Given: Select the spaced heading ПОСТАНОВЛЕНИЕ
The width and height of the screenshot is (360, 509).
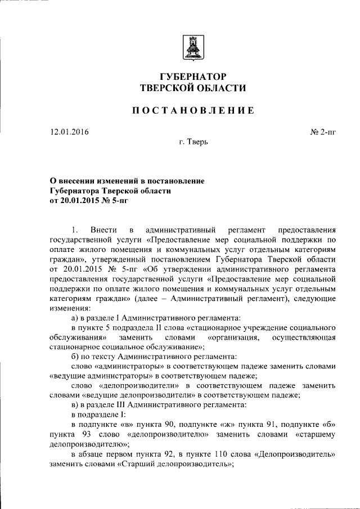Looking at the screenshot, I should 193,110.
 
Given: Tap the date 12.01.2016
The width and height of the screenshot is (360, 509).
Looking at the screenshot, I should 69,133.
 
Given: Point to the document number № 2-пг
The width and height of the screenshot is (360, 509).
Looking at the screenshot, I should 323,133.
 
